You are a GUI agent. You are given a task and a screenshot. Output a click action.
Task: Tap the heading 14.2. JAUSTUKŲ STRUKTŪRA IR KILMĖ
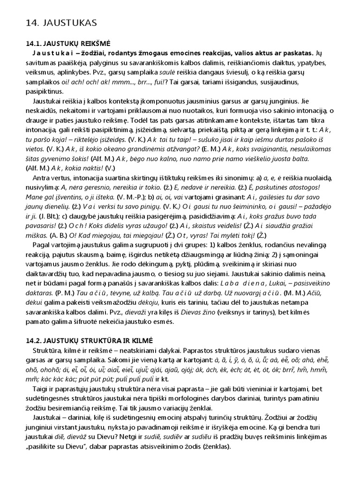(93, 341)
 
